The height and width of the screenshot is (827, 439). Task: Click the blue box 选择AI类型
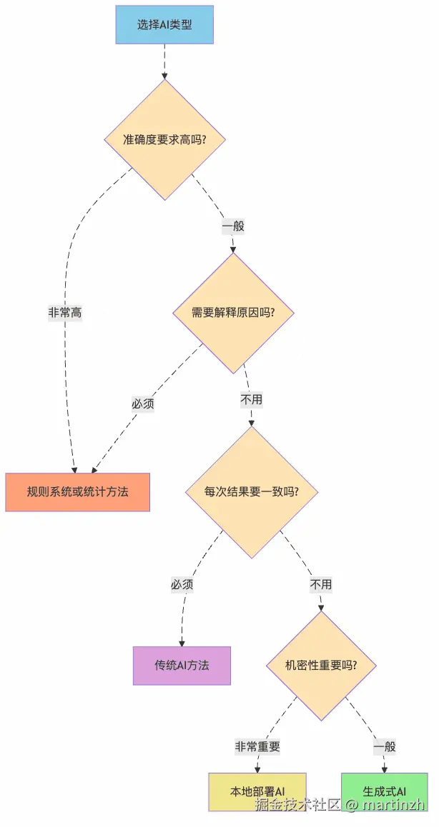coord(164,24)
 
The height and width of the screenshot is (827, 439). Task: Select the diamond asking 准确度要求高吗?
coord(165,139)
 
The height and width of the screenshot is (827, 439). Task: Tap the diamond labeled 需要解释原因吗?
coord(233,313)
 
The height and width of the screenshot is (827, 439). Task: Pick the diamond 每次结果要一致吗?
coord(251,492)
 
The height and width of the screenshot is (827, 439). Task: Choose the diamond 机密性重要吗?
coord(321,665)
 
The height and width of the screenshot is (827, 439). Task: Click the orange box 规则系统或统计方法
coord(77,492)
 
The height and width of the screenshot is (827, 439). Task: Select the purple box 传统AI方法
coord(182,666)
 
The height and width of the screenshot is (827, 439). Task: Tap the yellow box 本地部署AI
coord(257,791)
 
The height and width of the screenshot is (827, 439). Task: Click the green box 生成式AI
coord(384,791)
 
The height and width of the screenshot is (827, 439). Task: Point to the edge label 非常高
coord(65,313)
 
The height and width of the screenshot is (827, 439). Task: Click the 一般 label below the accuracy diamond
coord(233,226)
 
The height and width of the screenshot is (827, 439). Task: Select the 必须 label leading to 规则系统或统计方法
coord(143,404)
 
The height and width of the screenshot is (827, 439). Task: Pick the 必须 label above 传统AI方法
coord(182,584)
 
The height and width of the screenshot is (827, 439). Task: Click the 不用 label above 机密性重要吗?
coord(321,584)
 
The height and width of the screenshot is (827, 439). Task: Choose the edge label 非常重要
coord(257,747)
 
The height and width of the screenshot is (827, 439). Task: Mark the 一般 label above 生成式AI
coord(384,747)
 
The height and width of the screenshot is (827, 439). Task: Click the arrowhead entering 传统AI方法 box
coord(182,643)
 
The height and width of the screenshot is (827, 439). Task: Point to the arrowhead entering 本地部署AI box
coord(257,768)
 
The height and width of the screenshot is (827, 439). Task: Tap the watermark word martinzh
coord(393,805)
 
